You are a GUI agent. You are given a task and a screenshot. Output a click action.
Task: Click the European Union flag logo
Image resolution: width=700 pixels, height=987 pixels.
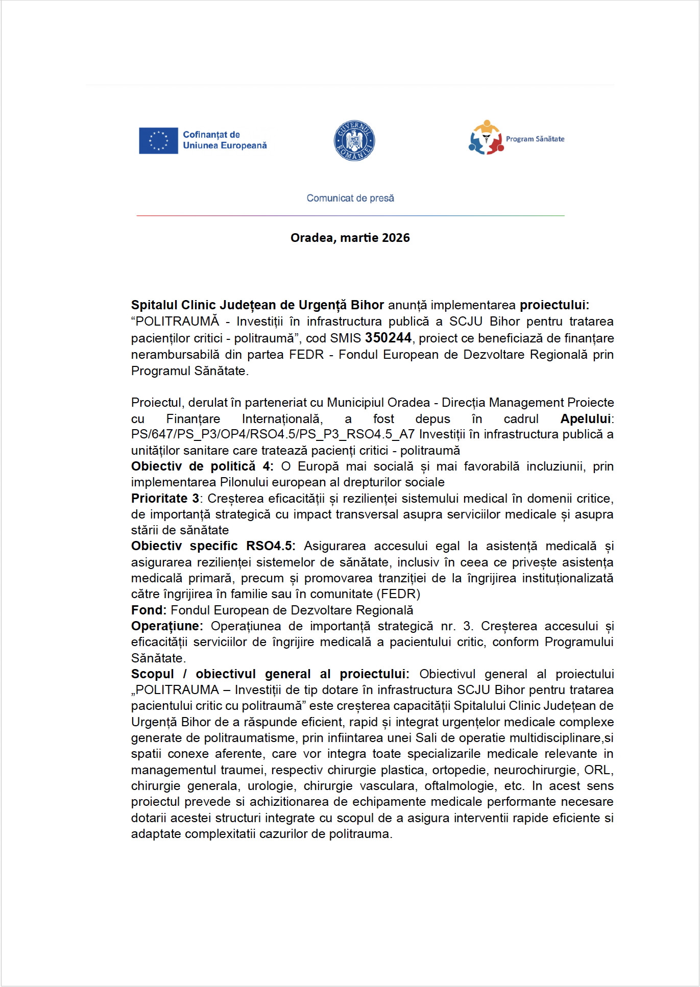click(x=158, y=140)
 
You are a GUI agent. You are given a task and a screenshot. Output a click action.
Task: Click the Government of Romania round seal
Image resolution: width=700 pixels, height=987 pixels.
click(x=354, y=140)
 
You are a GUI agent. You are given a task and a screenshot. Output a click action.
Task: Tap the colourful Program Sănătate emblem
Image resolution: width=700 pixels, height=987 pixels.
click(x=486, y=137)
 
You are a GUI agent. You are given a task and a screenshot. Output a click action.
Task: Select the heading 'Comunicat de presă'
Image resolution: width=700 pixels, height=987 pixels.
click(x=350, y=198)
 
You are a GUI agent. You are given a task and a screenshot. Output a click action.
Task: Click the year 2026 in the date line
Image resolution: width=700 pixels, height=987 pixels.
click(x=396, y=238)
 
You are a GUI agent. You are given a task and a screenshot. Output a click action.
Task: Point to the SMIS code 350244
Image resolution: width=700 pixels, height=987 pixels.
click(x=388, y=338)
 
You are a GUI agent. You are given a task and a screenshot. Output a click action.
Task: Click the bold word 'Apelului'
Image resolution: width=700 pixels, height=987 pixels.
click(x=586, y=419)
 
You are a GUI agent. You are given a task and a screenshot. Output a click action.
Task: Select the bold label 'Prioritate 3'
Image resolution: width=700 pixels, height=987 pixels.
click(x=165, y=498)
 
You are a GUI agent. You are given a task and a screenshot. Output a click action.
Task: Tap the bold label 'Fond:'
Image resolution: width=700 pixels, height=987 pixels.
click(x=149, y=610)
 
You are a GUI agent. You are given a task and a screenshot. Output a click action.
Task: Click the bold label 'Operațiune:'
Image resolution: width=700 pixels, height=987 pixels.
click(x=167, y=626)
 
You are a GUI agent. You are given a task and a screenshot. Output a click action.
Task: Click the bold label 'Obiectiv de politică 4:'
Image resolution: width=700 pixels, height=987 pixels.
click(x=202, y=466)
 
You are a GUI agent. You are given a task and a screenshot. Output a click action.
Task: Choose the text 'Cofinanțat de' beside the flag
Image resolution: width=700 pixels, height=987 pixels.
click(x=211, y=135)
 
